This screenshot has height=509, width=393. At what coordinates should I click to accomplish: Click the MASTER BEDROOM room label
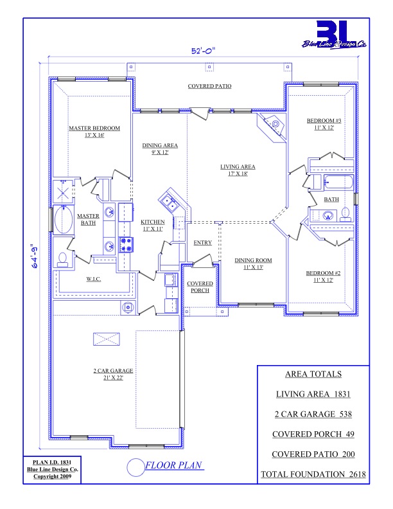[x=94, y=132]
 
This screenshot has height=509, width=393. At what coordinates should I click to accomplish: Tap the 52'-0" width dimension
[x=204, y=51]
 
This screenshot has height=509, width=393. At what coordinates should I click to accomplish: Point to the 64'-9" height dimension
[x=35, y=256]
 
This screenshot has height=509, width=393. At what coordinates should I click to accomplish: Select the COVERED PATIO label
[x=209, y=86]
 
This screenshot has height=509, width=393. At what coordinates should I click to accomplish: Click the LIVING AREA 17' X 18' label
[x=238, y=170]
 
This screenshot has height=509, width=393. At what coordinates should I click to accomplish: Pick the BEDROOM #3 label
[x=324, y=124]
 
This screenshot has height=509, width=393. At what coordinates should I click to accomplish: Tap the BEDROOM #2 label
[x=323, y=276]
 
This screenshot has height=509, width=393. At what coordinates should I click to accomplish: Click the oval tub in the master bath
[x=64, y=220]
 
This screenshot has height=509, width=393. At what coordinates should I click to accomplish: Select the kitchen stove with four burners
[x=127, y=245]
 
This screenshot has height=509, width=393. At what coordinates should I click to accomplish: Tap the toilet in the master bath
[x=62, y=260]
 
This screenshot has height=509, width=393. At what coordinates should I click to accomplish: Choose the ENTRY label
[x=203, y=242]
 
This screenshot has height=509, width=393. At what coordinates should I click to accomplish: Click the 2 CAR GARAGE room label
[x=113, y=374]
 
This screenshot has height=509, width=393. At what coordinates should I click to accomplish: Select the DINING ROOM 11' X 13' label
[x=253, y=263]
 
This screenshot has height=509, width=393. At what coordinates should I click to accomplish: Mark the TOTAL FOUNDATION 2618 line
[x=313, y=474]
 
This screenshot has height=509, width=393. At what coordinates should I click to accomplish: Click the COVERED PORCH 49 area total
[x=313, y=434]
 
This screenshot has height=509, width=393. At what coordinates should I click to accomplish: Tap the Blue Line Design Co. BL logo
[x=334, y=35]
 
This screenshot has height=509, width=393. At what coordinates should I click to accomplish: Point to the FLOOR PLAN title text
[x=174, y=465]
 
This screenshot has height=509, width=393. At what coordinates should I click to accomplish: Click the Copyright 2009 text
[x=52, y=476]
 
